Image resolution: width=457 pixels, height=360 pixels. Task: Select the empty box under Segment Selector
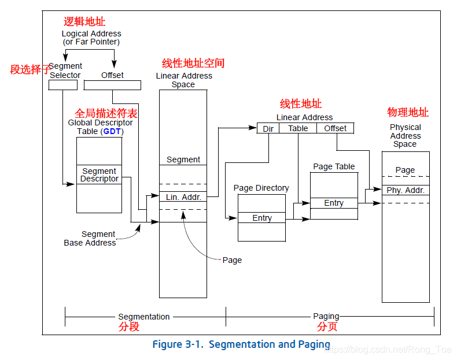point(63,85)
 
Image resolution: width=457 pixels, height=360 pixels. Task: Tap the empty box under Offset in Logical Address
point(112,85)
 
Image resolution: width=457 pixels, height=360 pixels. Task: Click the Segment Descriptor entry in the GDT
point(99,175)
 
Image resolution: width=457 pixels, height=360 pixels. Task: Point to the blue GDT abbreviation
point(113,131)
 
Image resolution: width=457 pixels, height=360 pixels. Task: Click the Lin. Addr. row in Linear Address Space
point(183,197)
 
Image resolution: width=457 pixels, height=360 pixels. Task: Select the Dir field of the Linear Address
point(268,128)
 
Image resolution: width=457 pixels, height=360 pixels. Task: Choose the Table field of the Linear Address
point(298,128)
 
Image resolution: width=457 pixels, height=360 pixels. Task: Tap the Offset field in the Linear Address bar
point(335,128)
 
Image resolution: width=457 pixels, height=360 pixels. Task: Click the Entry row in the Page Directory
point(261,218)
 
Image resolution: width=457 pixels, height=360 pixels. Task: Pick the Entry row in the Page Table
point(334,203)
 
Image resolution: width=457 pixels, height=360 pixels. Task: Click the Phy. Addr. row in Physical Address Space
point(406,190)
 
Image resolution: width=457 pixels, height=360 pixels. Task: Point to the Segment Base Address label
point(90,239)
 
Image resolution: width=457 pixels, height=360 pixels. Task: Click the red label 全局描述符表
point(106,112)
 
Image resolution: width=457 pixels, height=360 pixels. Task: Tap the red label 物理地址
point(408,112)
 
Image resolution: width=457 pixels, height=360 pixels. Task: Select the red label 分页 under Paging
point(327,326)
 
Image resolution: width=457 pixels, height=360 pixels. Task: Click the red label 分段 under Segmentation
point(129,326)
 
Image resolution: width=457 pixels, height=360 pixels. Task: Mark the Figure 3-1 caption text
point(241,344)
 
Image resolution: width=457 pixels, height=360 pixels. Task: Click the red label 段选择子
point(30,69)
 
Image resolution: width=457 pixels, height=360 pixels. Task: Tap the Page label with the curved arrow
point(232,260)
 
